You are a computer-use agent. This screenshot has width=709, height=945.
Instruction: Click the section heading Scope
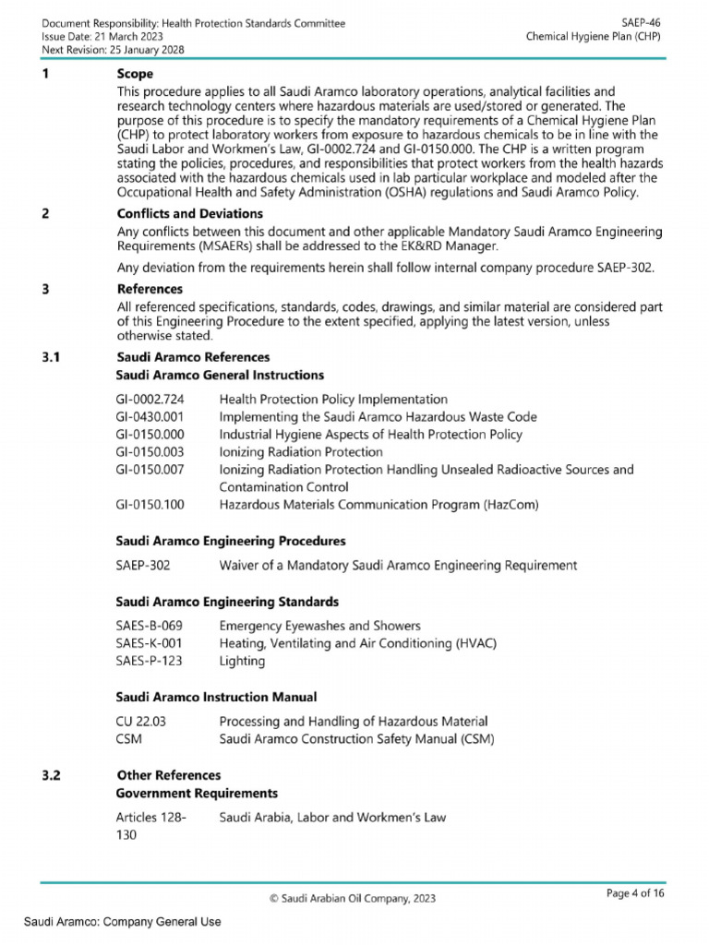point(135,73)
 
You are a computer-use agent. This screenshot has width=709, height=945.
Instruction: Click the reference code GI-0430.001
point(150,417)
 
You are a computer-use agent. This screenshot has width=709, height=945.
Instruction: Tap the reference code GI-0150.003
point(150,452)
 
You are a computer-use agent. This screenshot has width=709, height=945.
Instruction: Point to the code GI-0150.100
point(150,505)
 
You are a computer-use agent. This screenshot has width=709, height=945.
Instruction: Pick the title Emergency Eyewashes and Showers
point(319,626)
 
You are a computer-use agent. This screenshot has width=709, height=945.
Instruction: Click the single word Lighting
point(242,661)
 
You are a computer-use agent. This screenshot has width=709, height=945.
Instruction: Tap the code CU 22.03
point(140,721)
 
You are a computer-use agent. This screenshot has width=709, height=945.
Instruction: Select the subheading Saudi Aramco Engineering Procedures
point(230,540)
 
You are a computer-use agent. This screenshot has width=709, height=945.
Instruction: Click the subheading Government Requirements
point(196,793)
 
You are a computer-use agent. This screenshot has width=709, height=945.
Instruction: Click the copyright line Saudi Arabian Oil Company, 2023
point(354,898)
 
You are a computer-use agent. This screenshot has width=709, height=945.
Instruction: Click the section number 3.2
point(53,775)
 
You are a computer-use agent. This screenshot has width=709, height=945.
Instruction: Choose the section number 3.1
point(53,357)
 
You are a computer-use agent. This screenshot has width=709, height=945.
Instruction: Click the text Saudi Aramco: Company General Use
point(122,921)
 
